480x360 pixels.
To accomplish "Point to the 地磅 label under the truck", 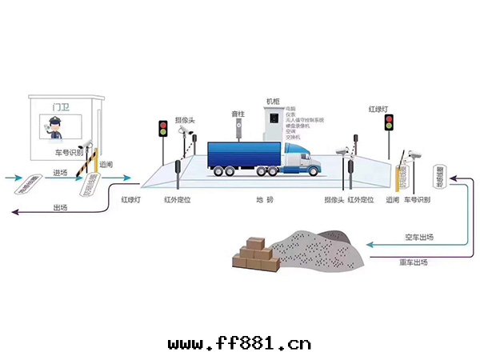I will pyautogui.click(x=261, y=198).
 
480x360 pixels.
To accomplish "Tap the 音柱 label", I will pyautogui.click(x=236, y=114).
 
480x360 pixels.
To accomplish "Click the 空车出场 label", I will pyautogui.click(x=417, y=238).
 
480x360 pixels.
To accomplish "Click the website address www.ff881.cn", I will pyautogui.click(x=239, y=344).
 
